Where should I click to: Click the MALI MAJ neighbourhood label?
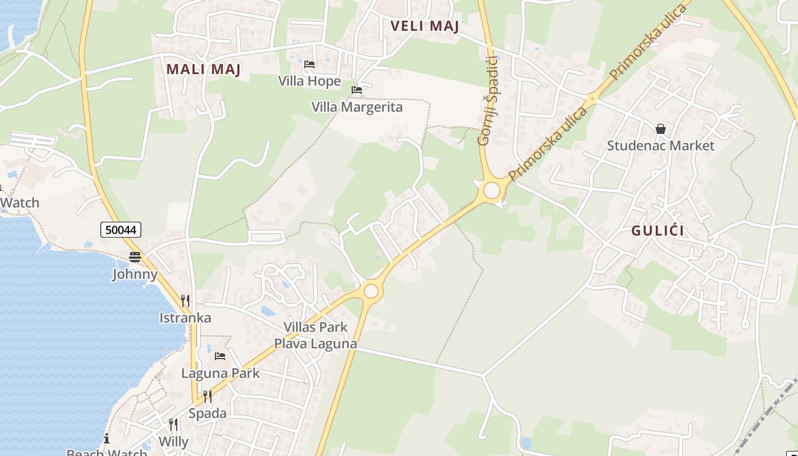coord(203,70)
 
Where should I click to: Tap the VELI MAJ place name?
coord(425,26)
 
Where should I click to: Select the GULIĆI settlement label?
coord(658,231)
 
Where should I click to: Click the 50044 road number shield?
coord(121,230)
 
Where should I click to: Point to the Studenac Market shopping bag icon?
coord(661,129)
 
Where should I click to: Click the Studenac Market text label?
coord(660,146)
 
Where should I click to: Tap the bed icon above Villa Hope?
coord(310,64)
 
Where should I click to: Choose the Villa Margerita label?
coord(357,107)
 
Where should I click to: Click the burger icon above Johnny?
coord(135,257)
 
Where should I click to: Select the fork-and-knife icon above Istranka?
coord(185,301)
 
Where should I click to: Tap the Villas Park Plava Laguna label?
coord(316,336)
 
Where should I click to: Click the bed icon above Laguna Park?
coord(220,356)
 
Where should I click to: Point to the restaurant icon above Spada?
coord(207,396)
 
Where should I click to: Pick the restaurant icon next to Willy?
coord(173,425)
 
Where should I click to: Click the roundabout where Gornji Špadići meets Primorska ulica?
coord(491,190)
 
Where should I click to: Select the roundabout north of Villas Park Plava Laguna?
coord(371,291)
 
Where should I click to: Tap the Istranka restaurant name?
coord(185,318)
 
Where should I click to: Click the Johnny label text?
coord(135,274)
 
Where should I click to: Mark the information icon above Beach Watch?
coord(106,438)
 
